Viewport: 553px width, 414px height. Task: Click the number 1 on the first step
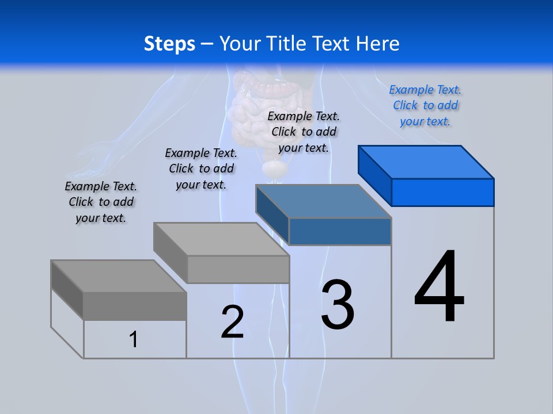tap(134, 339)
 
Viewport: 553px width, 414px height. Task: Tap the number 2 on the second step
tap(232, 322)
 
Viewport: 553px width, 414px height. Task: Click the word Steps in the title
tap(169, 44)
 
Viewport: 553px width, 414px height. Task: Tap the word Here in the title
tap(379, 44)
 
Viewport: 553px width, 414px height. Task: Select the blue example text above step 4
tap(425, 105)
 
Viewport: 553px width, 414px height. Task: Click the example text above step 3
tap(304, 132)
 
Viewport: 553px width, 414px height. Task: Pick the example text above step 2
tap(201, 168)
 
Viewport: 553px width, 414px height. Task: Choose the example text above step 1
tap(101, 202)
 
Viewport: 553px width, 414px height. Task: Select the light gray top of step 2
tap(221, 239)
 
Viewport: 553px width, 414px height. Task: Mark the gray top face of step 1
tap(119, 276)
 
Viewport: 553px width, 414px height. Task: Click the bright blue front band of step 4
tap(442, 192)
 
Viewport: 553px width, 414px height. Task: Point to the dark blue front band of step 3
tap(340, 231)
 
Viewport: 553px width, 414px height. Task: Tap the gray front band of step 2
tap(238, 269)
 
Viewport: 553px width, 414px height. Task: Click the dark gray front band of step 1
tap(135, 306)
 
